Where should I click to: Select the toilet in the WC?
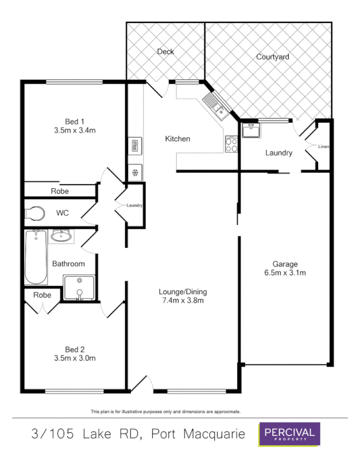pyautogui.click(x=35, y=213)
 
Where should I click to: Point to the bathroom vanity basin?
pyautogui.click(x=61, y=235)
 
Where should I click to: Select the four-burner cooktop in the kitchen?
pyautogui.click(x=231, y=144)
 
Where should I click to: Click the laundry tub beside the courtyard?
pyautogui.click(x=250, y=131)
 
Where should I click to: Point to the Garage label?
pyautogui.click(x=285, y=264)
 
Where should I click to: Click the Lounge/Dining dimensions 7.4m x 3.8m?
pyautogui.click(x=183, y=300)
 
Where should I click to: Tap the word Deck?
pyautogui.click(x=165, y=52)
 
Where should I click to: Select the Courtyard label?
pyautogui.click(x=272, y=57)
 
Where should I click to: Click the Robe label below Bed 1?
pyautogui.click(x=60, y=191)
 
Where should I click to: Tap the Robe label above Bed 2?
pyautogui.click(x=42, y=295)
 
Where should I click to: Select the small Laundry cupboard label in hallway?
pyautogui.click(x=134, y=205)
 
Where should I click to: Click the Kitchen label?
pyautogui.click(x=177, y=139)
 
